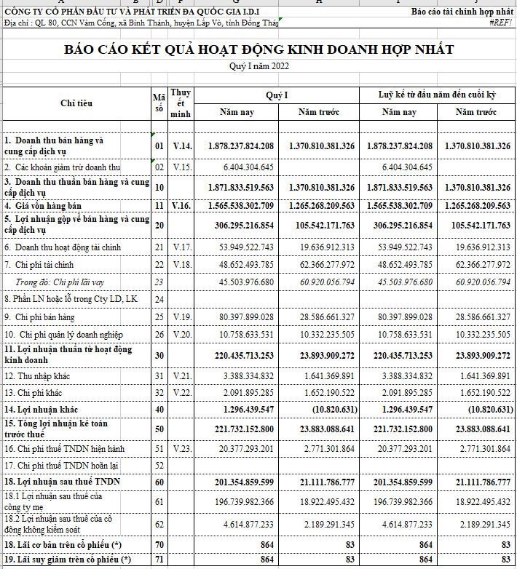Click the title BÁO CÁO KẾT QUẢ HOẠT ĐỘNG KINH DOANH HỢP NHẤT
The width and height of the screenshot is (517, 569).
pos(259,49)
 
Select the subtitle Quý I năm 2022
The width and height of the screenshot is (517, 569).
pos(259,67)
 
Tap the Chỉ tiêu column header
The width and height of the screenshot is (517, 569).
pos(76,103)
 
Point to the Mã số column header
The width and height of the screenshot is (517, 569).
pos(159,103)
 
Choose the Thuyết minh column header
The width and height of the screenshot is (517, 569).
pos(181,103)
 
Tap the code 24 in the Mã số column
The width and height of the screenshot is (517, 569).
pos(159,299)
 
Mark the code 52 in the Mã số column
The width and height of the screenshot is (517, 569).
pos(159,464)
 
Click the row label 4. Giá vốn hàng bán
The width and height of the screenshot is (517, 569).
pos(43,206)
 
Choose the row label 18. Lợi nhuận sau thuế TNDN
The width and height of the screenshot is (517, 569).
pos(62,482)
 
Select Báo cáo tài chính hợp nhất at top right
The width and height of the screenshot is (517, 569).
pos(462,12)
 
